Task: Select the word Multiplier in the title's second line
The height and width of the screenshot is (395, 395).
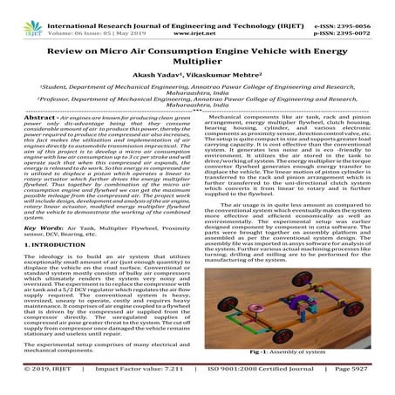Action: pyautogui.click(x=197, y=72)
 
